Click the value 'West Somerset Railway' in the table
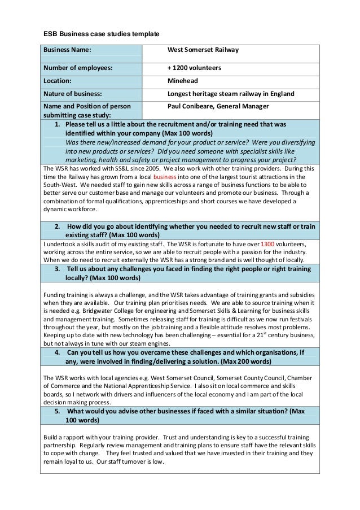[203, 50]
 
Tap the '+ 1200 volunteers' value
[194, 68]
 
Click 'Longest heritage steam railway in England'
[231, 94]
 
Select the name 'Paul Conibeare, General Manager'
[218, 106]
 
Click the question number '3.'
[58, 269]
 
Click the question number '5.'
[58, 411]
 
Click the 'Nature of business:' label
[73, 94]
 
